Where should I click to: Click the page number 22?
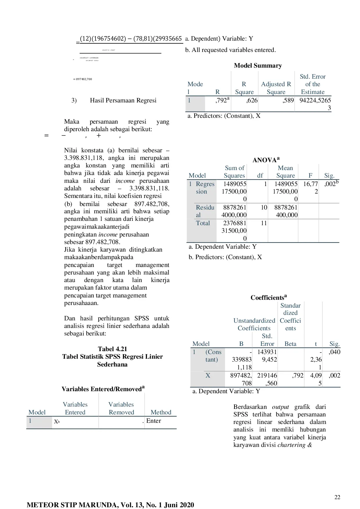[337, 497]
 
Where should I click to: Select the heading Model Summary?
[258, 66]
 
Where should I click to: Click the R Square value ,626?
[252, 100]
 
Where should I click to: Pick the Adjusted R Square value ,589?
[288, 100]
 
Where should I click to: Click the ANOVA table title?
[266, 160]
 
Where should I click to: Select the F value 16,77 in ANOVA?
[310, 184]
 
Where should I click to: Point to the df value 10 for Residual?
[264, 207]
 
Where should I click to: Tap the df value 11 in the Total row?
[264, 223]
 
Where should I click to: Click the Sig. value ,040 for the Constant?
[334, 352]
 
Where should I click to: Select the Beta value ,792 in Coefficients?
[298, 376]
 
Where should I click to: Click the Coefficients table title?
[269, 297]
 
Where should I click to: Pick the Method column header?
[161, 412]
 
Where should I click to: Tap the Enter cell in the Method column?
[154, 421]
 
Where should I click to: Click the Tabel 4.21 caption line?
[112, 349]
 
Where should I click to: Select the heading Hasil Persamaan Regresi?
[123, 100]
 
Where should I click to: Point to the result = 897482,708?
[83, 79]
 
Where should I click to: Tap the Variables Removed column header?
[121, 408]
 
